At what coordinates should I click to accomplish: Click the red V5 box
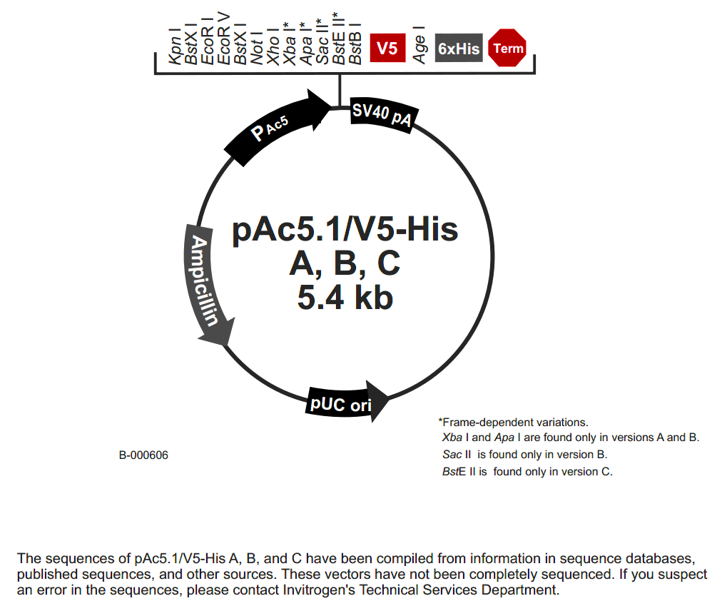pyautogui.click(x=387, y=49)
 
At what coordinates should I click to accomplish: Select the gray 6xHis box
pyautogui.click(x=459, y=49)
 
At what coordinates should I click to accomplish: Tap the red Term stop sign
pyautogui.click(x=508, y=49)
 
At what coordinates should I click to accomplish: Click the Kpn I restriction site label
pyautogui.click(x=174, y=48)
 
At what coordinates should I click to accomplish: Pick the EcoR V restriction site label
pyautogui.click(x=223, y=44)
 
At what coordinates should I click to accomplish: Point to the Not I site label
pyautogui.click(x=257, y=48)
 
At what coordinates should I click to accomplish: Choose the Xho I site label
pyautogui.click(x=273, y=47)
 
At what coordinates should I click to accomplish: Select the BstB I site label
pyautogui.click(x=355, y=47)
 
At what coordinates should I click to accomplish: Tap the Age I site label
pyautogui.click(x=421, y=45)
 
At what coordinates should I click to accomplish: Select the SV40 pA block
pyautogui.click(x=382, y=115)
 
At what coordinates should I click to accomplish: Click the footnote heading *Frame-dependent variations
pyautogui.click(x=513, y=422)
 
